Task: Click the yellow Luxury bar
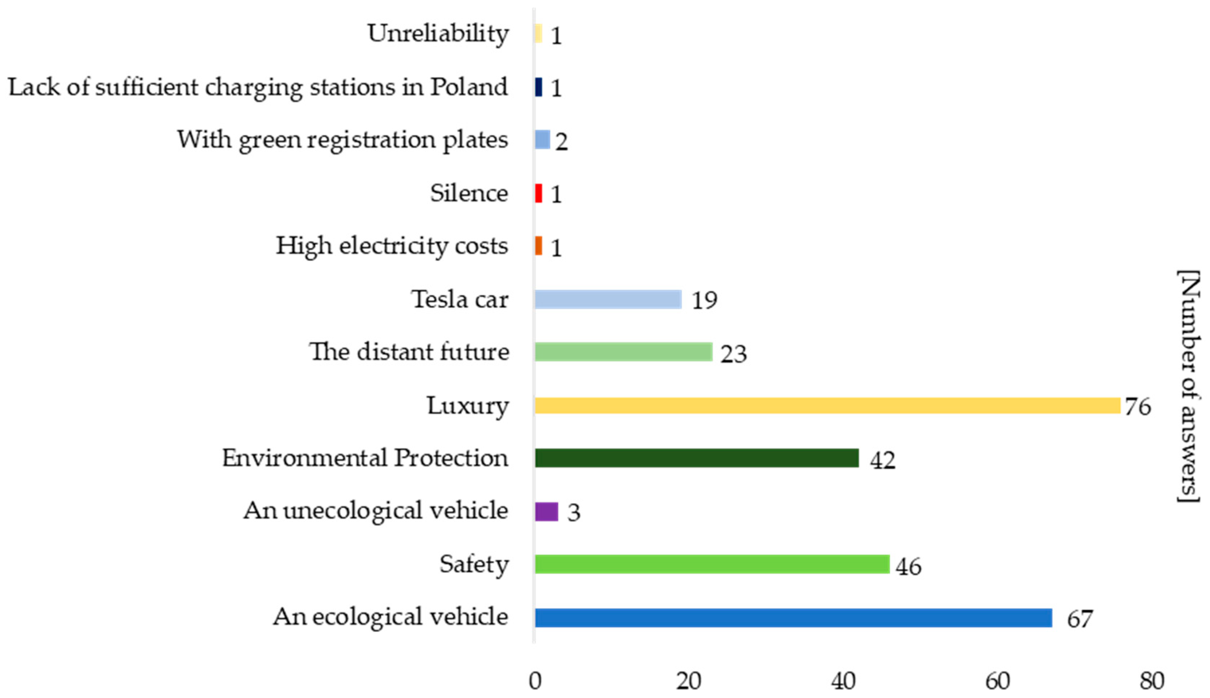[x=827, y=406]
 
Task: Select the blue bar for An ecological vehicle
[x=793, y=617]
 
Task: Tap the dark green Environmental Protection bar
[x=697, y=458]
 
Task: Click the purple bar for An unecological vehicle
[x=547, y=512]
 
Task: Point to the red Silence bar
[x=539, y=193]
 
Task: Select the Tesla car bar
[x=608, y=299]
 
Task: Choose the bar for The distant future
[x=623, y=352]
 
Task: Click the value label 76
[x=1138, y=406]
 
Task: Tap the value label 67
[x=1080, y=619]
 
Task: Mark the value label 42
[x=882, y=460]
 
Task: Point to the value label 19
[x=704, y=301]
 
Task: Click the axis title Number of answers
[x=1189, y=387]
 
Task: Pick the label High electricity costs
[x=392, y=246]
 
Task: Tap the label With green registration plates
[x=342, y=140]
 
